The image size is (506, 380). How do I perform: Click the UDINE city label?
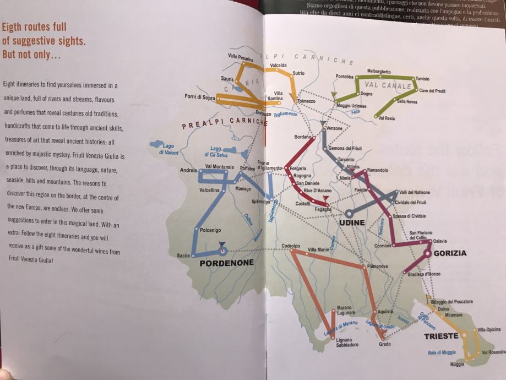352,222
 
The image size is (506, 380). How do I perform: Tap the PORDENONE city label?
226,263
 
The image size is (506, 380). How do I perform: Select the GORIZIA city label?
449,253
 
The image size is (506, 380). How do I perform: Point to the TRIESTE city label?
441,335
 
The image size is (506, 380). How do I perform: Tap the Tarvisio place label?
422,79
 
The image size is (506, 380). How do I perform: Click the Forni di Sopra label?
200,97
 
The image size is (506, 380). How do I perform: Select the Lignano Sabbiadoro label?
347,342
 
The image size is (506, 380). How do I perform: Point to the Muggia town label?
457,364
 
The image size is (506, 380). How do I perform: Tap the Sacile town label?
183,256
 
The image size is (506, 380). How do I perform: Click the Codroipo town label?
290,246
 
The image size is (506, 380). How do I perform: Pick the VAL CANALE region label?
388,85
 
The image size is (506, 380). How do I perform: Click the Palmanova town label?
377,266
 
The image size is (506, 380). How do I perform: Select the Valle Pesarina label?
240,56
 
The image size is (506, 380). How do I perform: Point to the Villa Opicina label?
489,329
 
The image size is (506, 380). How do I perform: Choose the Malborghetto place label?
379,72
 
